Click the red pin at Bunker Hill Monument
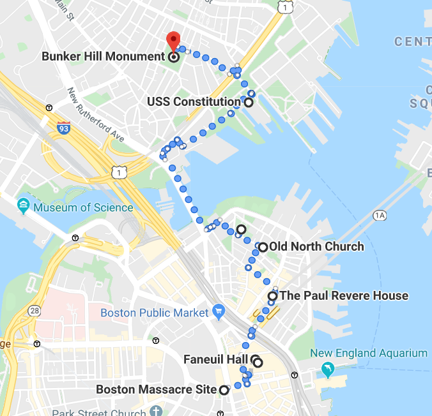[173, 40]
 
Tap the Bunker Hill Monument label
[104, 56]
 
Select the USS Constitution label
[194, 101]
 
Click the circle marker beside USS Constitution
[248, 102]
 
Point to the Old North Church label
[316, 246]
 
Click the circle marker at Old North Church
[262, 247]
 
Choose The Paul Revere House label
[344, 295]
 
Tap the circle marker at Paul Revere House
[273, 296]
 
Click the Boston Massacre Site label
[156, 389]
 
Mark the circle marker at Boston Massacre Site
[224, 390]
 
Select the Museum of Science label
[83, 207]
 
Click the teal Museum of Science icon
[24, 206]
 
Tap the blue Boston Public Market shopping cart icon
[219, 313]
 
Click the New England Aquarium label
[368, 353]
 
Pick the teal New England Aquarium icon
[328, 369]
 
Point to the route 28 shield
[34, 311]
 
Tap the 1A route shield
[381, 216]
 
